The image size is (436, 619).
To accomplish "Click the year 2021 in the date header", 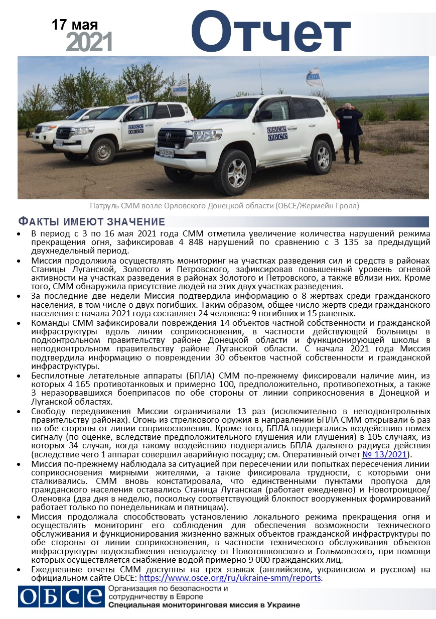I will click(x=89, y=43).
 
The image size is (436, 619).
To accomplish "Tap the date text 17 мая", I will click(x=75, y=25).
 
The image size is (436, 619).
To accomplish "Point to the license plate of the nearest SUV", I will click(x=166, y=152).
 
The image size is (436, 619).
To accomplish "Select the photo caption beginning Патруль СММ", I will click(x=224, y=206).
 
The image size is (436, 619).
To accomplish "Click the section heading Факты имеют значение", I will click(x=91, y=222).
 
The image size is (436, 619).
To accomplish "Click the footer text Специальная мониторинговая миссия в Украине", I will click(x=204, y=605).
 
